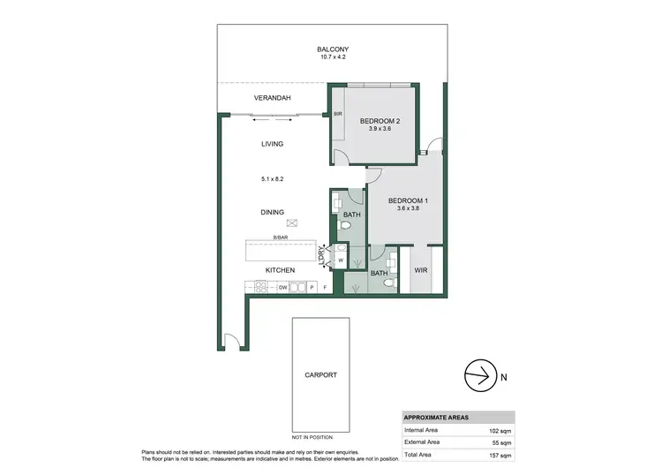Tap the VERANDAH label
273,98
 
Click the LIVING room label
272,143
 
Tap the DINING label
272,212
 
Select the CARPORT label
320,375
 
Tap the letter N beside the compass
503,378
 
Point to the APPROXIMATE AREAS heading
437,418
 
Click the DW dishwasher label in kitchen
283,288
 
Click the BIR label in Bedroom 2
337,114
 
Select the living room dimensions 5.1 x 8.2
272,179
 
